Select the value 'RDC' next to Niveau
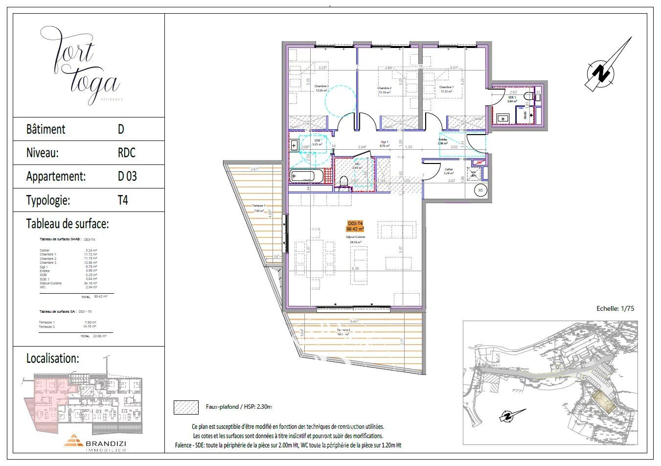[126, 153]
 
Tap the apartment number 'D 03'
[127, 176]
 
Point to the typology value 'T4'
[123, 200]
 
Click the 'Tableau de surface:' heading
[67, 224]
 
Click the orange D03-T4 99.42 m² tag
[356, 226]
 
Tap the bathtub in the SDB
[302, 176]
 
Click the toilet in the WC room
[343, 182]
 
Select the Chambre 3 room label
[321, 88]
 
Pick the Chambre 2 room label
[385, 90]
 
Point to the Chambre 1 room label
[446, 89]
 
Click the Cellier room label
[448, 171]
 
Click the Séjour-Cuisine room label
[357, 239]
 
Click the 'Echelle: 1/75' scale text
[615, 309]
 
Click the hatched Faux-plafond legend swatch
[186, 407]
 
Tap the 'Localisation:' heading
[52, 358]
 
